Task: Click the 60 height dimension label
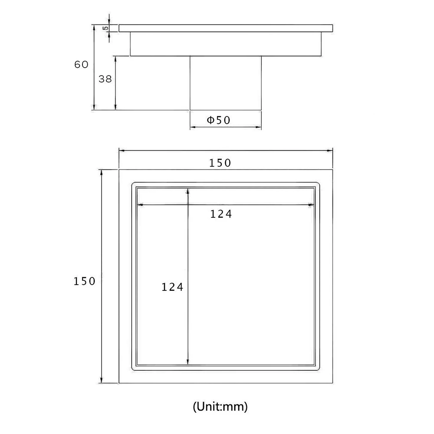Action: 82,65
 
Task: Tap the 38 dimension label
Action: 105,79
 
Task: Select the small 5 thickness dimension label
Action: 106,28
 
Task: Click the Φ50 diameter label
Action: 219,120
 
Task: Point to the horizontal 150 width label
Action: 220,163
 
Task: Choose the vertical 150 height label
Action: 85,281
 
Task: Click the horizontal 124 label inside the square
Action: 221,214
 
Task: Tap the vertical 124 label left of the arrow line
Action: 172,287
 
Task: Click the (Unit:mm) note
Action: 220,407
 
